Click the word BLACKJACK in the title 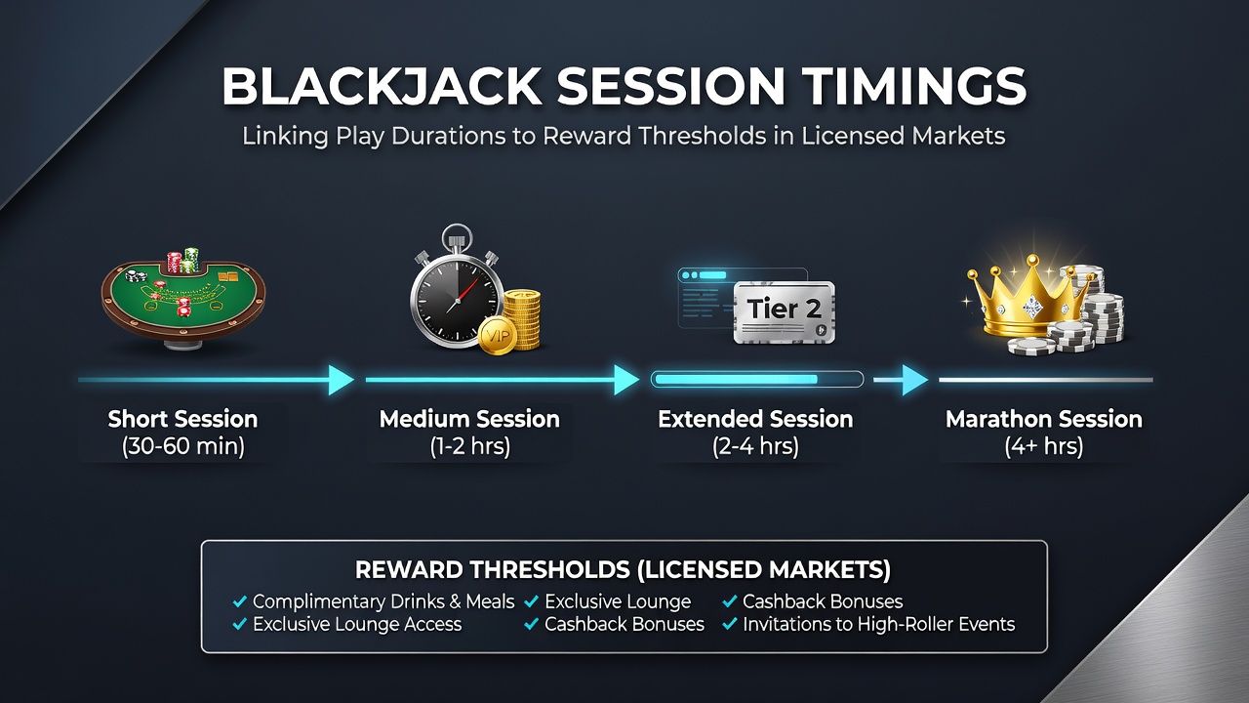point(382,87)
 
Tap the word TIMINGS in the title point(914,87)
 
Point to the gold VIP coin point(497,335)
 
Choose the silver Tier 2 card point(784,311)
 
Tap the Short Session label point(182,419)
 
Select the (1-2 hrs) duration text point(470,446)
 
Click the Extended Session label point(755,419)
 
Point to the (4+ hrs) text point(1044,446)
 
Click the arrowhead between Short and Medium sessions point(341,380)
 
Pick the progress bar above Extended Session point(757,380)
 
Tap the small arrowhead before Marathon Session point(915,380)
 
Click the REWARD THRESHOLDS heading point(623,569)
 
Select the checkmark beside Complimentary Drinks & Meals point(240,601)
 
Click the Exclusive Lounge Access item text point(357,624)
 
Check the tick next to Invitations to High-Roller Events point(730,624)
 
